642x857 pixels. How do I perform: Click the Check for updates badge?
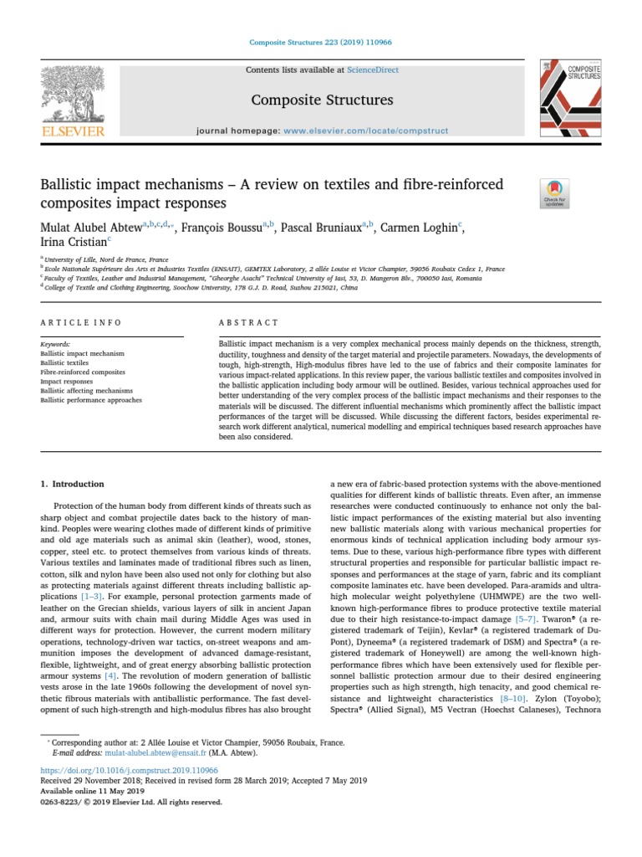click(555, 192)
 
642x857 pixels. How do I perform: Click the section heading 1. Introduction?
click(73, 484)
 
